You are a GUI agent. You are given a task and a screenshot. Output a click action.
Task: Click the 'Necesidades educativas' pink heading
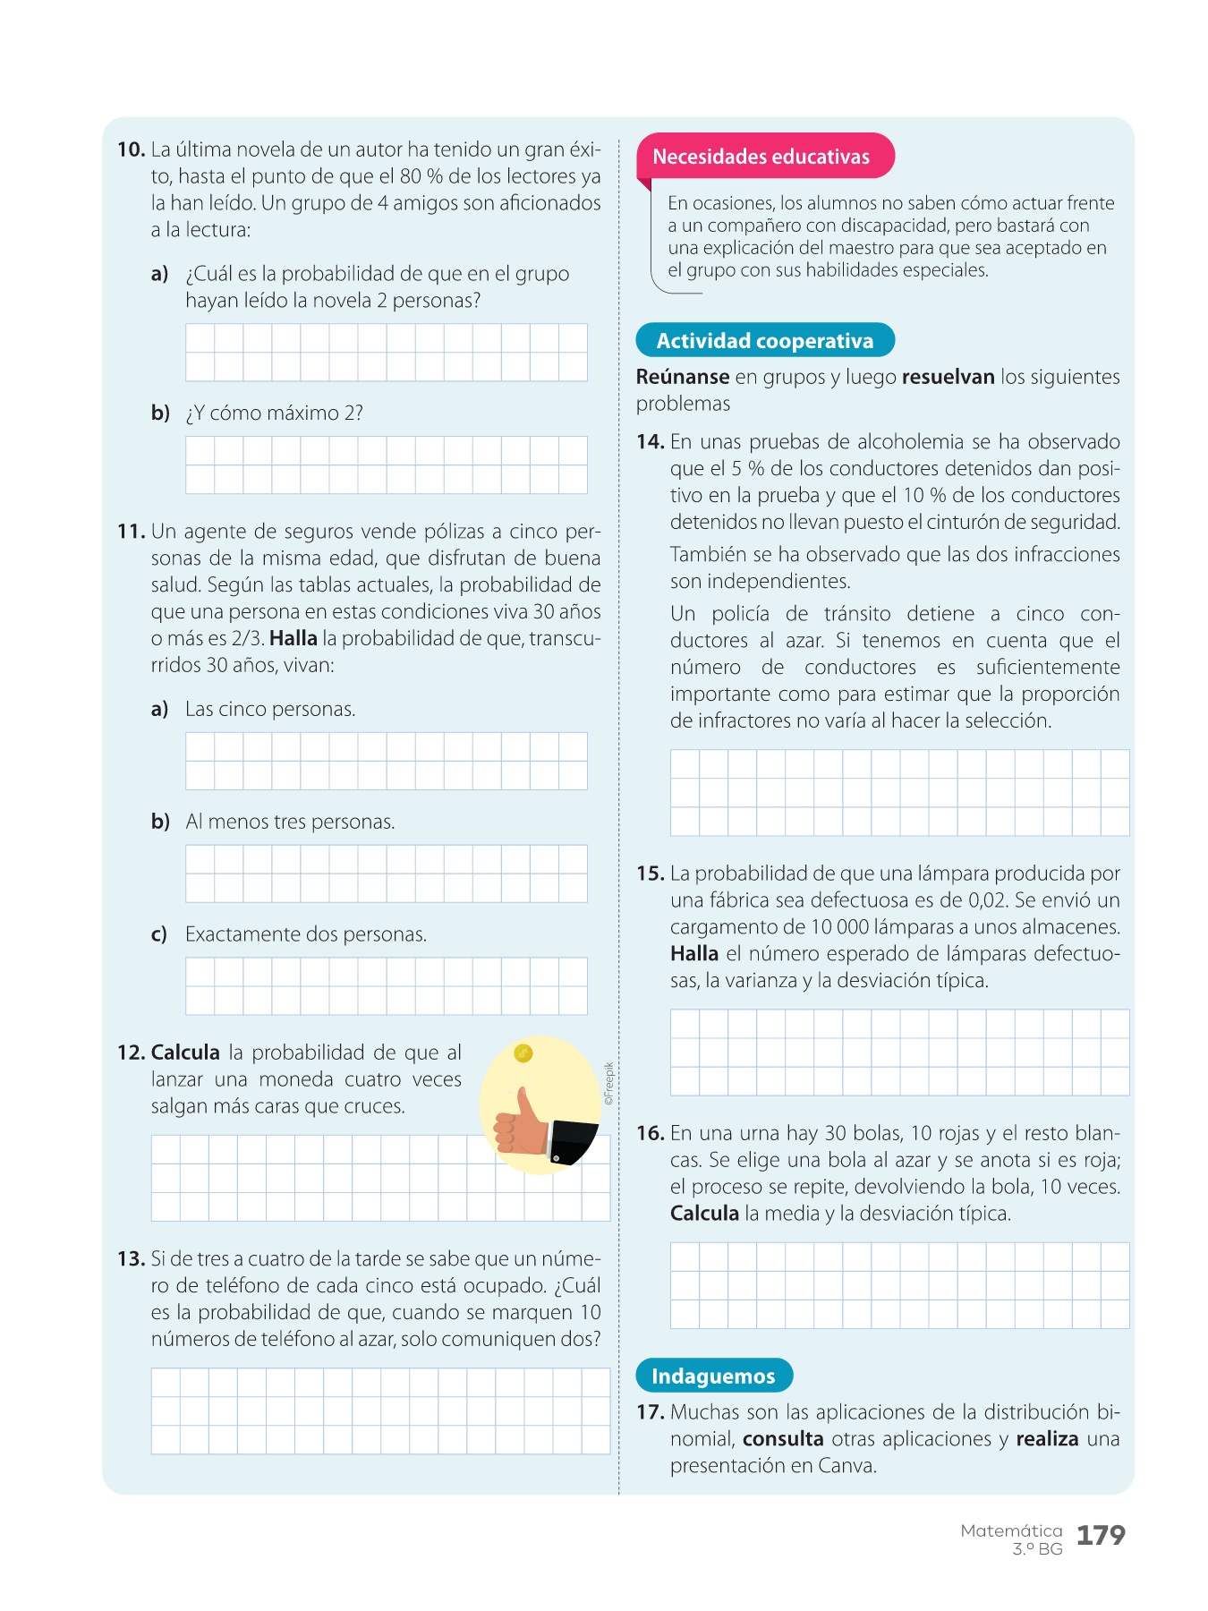click(761, 157)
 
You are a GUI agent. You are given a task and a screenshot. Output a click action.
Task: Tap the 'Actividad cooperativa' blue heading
click(764, 341)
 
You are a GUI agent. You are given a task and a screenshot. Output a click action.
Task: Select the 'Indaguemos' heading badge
click(713, 1377)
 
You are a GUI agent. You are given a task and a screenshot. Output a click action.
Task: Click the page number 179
click(1100, 1536)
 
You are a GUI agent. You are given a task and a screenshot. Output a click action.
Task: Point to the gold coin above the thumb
click(523, 1053)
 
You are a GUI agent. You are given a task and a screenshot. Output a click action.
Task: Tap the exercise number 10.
click(131, 149)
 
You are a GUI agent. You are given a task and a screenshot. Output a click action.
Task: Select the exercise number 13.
click(131, 1259)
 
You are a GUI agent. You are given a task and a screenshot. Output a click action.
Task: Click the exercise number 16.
click(650, 1134)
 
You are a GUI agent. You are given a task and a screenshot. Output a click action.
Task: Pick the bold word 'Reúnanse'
click(682, 377)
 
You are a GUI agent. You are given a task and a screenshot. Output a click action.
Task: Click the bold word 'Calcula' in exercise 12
click(185, 1053)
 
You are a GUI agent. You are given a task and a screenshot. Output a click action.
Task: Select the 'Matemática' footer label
click(1011, 1530)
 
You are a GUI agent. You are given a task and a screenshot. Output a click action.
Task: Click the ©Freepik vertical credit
click(609, 1084)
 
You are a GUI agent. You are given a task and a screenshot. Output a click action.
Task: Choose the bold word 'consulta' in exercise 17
click(783, 1439)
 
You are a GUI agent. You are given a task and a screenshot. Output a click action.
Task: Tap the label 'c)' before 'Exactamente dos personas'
click(159, 934)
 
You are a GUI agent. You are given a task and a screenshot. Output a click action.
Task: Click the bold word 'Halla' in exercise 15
click(694, 954)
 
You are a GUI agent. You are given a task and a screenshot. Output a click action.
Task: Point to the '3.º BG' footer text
click(1037, 1549)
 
